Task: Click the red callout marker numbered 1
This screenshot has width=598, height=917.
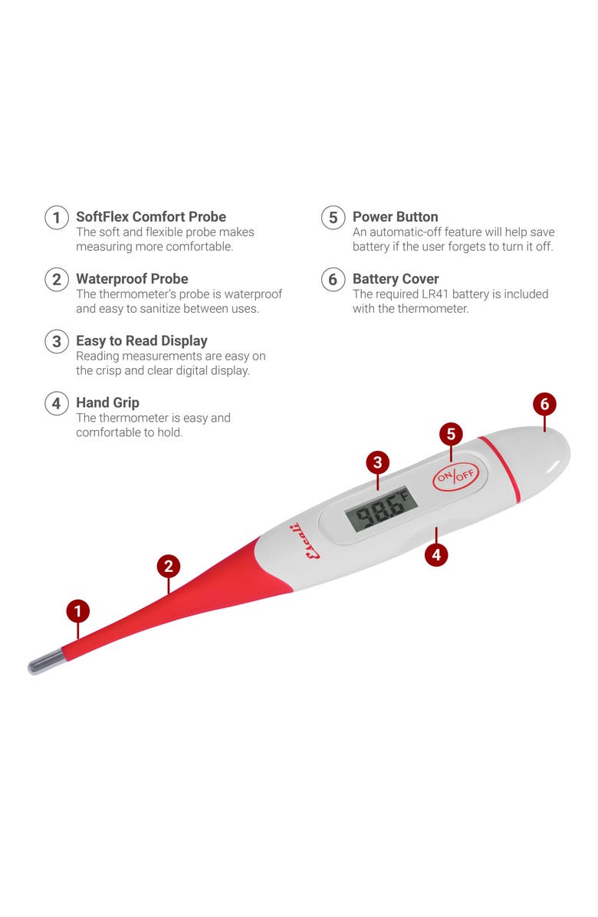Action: [x=77, y=611]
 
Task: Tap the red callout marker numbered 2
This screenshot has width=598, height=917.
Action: [x=169, y=566]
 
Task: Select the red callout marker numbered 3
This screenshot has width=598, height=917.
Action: [x=378, y=462]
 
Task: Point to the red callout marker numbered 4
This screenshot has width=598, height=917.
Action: [x=436, y=554]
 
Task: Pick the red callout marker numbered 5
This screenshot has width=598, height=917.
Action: [x=451, y=434]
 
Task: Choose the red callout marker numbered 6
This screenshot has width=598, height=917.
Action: [x=545, y=404]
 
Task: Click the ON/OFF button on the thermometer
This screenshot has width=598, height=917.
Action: [x=455, y=476]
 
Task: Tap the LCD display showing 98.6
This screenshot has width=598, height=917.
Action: [x=381, y=508]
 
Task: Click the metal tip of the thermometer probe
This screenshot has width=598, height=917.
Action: [x=46, y=662]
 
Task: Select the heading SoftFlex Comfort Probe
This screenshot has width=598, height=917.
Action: [x=151, y=216]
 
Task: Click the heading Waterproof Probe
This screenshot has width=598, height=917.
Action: [x=132, y=278]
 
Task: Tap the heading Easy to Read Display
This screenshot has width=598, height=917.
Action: [x=142, y=341]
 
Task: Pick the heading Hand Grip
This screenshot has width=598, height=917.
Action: [x=107, y=403]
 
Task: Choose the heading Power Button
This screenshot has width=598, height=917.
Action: [x=395, y=216]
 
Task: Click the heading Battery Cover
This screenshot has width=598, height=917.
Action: [x=396, y=278]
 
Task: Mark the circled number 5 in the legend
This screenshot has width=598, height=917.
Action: [x=333, y=218]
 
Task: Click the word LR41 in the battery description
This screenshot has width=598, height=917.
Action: [x=435, y=294]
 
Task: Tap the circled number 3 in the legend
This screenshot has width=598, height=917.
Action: [x=57, y=341]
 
